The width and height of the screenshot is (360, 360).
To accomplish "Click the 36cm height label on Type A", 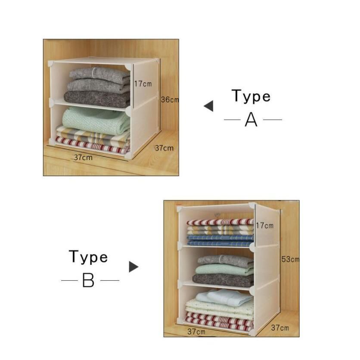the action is click(170, 99).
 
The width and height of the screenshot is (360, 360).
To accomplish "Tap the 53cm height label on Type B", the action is click(290, 259).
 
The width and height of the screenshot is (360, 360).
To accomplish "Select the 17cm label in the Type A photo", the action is click(143, 84).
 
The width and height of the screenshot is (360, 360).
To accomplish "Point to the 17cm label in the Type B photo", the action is click(265, 226).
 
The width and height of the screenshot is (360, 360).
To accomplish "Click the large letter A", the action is click(251, 120).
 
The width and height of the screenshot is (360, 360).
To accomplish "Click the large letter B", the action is click(88, 280).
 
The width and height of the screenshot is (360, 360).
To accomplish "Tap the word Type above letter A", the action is click(251, 96).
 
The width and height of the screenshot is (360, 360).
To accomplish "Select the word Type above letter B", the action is click(88, 257).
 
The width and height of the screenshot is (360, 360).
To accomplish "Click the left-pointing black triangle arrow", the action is click(208, 106).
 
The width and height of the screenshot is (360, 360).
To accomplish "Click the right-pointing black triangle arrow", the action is click(133, 267).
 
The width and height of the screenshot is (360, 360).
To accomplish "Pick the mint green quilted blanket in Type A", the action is click(96, 120).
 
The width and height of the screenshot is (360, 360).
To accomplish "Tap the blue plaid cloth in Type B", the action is click(220, 240).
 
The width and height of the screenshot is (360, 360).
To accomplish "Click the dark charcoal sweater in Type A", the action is click(97, 99).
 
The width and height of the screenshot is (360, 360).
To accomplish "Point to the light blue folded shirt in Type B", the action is click(224, 297).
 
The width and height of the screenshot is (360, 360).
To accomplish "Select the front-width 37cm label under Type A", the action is click(84, 158).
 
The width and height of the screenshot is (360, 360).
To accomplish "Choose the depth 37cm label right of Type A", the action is click(164, 148).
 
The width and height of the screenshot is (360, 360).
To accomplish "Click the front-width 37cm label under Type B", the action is click(196, 332).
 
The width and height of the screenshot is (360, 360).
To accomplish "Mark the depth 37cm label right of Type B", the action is click(280, 328).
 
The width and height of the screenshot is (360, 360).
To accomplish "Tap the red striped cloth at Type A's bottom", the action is click(92, 145).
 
